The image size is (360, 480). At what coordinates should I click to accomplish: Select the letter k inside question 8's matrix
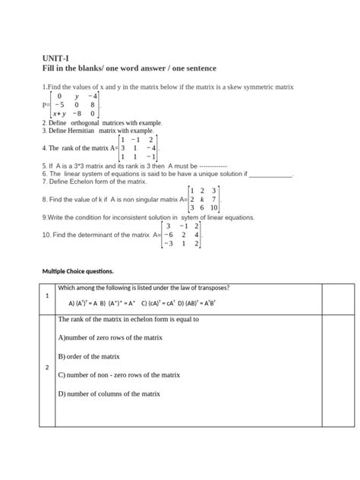click(203, 198)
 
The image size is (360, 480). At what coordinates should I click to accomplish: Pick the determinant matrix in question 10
click(183, 234)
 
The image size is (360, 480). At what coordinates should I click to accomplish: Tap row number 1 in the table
click(47, 295)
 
